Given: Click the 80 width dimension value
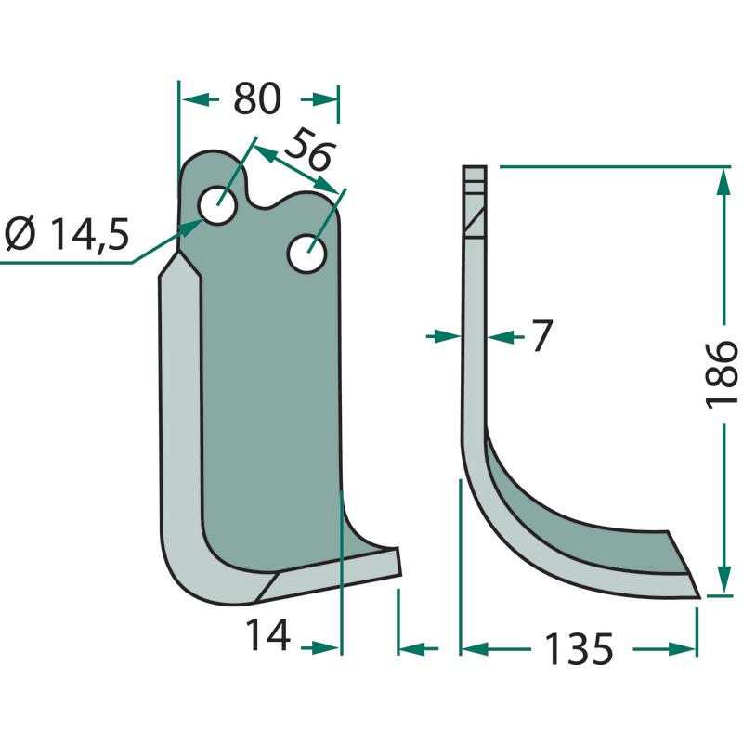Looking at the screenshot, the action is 257,98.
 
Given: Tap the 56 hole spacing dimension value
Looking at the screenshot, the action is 309,150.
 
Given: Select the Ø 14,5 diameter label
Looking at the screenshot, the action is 67,235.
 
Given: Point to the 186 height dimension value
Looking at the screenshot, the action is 722,374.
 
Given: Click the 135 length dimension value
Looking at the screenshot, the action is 579,648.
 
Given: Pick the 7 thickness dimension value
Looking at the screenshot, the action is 541,335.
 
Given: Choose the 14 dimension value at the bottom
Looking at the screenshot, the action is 267,635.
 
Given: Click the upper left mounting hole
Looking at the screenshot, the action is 218,205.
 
